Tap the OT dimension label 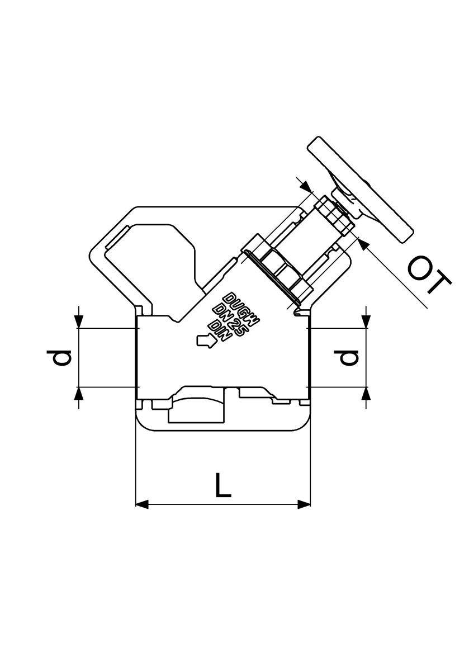click(x=429, y=275)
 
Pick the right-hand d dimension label click(x=346, y=358)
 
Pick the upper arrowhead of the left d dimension click(x=78, y=322)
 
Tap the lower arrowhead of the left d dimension click(x=78, y=393)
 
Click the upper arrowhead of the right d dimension click(x=366, y=322)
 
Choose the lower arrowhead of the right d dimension click(x=366, y=393)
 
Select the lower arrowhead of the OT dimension click(x=363, y=244)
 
